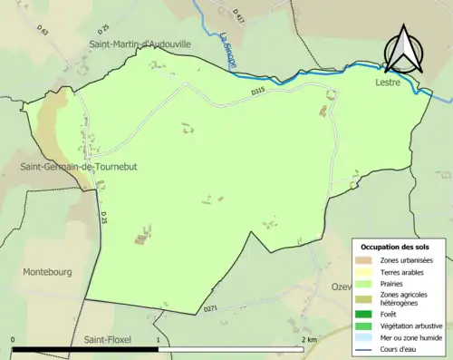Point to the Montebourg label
pos(46,271)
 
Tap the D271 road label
pos(211,309)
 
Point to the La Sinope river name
pos(226,50)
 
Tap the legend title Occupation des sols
pos(395,247)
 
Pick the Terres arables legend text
pos(403,271)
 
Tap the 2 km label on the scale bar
pos(308,339)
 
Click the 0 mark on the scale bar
pos(14,339)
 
